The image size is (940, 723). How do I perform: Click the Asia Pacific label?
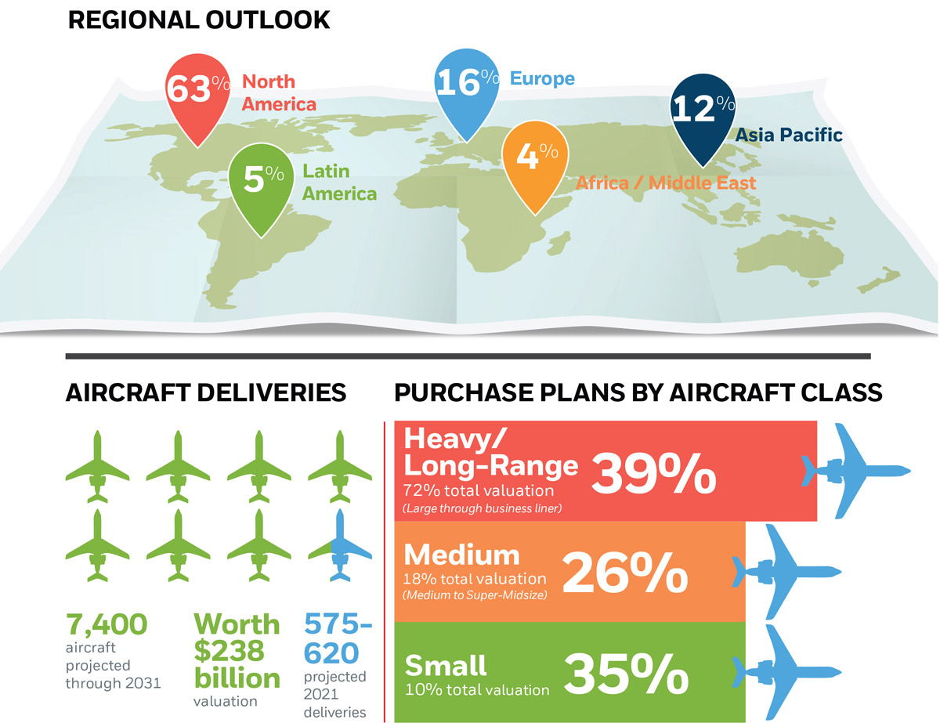(x=789, y=135)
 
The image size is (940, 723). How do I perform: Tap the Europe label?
(x=542, y=78)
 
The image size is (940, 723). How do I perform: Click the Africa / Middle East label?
(x=666, y=183)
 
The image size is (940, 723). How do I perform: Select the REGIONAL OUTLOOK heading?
(x=199, y=20)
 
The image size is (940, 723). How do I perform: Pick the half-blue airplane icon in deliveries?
(x=340, y=545)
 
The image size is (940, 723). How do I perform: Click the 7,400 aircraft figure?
(x=107, y=624)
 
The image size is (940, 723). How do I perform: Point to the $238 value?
(x=229, y=651)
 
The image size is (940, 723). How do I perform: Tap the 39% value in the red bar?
(x=653, y=474)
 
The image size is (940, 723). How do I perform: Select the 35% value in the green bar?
(x=627, y=674)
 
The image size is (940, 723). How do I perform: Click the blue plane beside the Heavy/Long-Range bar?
(x=856, y=471)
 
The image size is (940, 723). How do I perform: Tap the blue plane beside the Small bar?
(x=786, y=673)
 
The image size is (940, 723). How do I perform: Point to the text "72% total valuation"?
(x=479, y=491)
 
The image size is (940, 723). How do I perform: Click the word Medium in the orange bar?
(x=461, y=555)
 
